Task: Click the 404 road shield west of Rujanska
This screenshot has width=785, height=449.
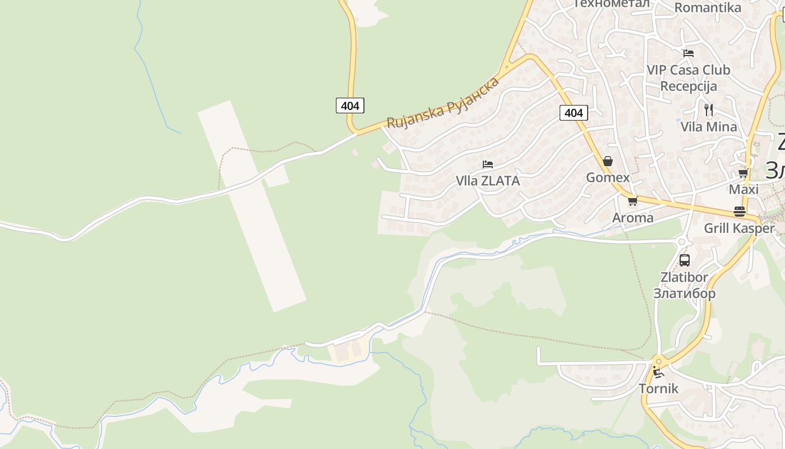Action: point(350,105)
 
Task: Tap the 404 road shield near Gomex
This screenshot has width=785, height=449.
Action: point(574,113)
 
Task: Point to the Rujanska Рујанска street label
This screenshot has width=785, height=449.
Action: point(443,103)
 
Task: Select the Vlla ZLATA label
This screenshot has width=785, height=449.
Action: point(488,181)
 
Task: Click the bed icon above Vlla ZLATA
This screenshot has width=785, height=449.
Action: point(488,164)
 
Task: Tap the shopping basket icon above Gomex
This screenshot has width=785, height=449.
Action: point(607,162)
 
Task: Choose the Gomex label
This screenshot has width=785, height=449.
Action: point(608,177)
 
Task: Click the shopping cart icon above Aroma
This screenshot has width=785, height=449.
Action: point(632,201)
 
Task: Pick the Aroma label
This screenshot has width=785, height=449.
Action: point(632,217)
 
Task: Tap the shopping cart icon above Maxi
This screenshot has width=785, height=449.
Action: point(744,173)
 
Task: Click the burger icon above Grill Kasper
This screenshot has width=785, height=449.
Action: point(740,212)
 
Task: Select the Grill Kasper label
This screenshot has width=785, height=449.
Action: point(739,228)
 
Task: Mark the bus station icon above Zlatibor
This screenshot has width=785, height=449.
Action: point(685,260)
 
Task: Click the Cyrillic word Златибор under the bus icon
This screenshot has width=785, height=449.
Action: point(684,293)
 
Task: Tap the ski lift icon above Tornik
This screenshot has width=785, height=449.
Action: point(657,372)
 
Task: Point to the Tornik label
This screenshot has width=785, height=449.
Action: point(658,388)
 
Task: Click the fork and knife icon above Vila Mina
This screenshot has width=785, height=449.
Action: point(709,109)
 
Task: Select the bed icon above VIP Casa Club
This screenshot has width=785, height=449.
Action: point(689,53)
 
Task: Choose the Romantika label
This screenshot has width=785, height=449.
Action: point(707,7)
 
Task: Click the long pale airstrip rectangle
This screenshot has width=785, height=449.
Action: point(251,206)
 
